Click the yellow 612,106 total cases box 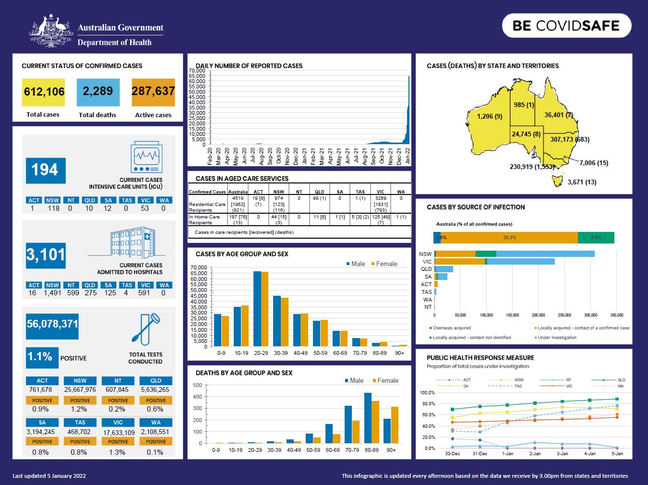click(x=43, y=92)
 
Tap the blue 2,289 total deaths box click(x=98, y=92)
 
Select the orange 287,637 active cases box click(x=153, y=92)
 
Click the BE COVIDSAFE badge click(x=566, y=25)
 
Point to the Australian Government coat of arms click(x=51, y=32)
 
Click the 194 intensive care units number click(x=45, y=170)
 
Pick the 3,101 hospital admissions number click(x=46, y=255)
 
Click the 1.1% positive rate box click(x=42, y=357)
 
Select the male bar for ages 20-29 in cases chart click(x=257, y=309)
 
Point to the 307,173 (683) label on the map click(x=570, y=140)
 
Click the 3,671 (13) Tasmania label click(x=582, y=182)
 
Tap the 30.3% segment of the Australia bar click(x=509, y=238)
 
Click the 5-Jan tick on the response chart click(x=617, y=454)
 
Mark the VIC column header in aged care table click(x=381, y=192)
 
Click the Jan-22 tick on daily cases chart click(x=408, y=157)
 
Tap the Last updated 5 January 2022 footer click(x=49, y=476)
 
